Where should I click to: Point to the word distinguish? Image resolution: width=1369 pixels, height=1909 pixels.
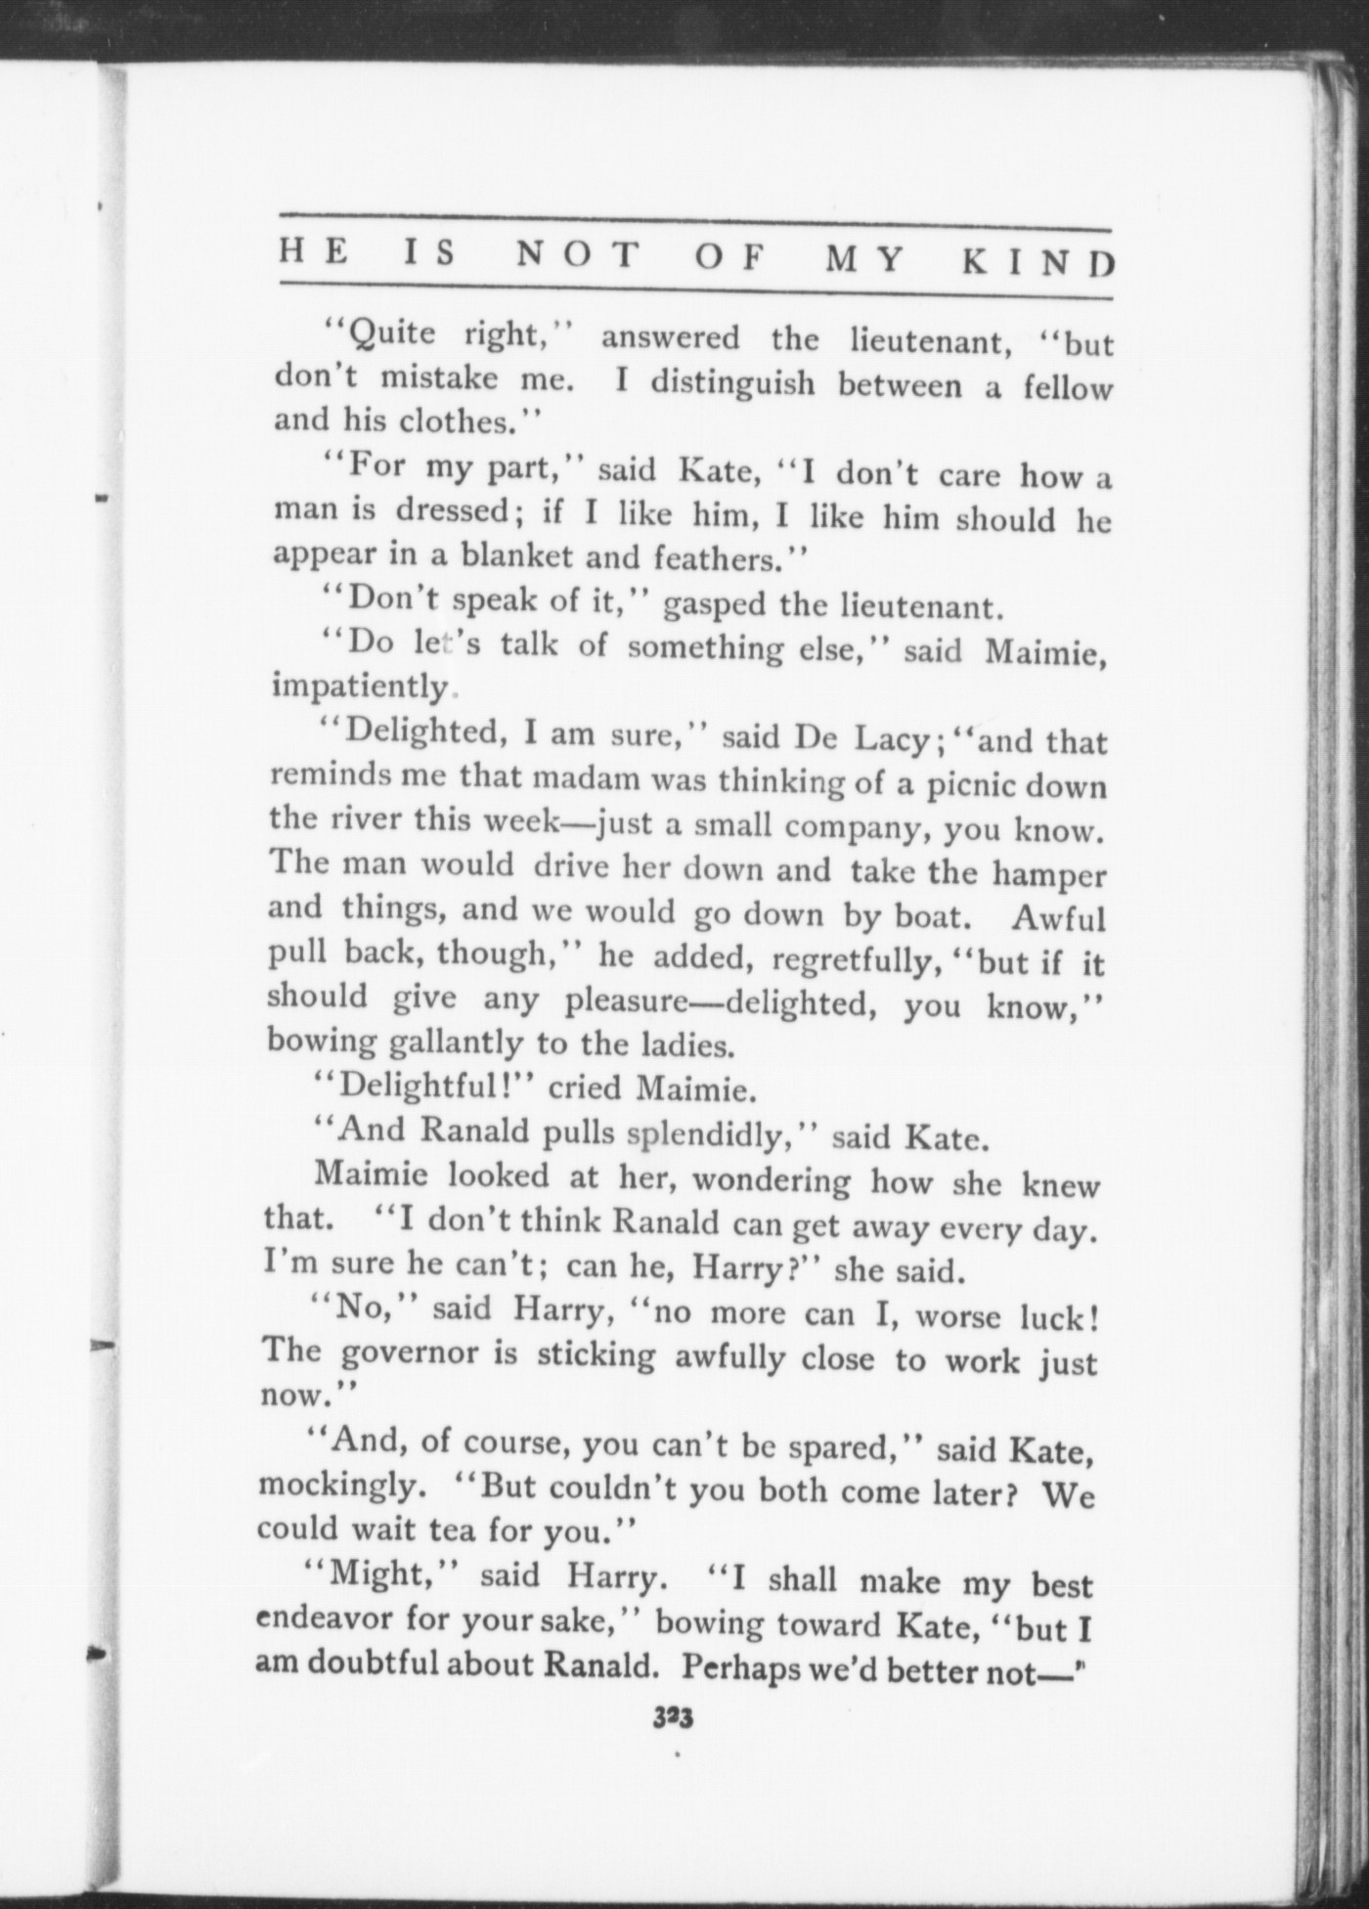[x=732, y=382]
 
